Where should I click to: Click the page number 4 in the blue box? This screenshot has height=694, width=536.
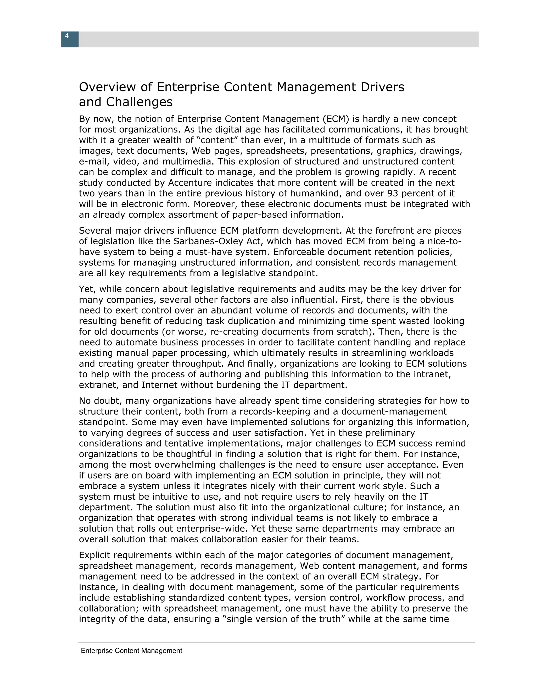67,36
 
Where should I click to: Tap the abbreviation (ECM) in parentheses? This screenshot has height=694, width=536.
336,119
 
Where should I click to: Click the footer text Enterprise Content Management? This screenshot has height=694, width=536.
131,651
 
